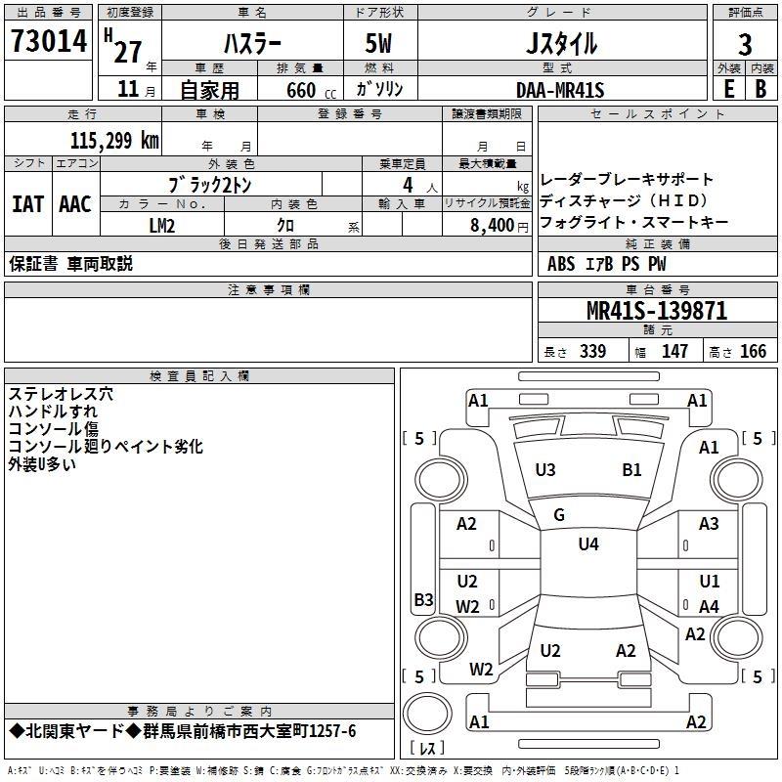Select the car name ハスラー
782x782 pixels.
[x=252, y=44]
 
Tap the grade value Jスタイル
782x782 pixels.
[x=561, y=44]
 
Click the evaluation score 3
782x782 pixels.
[x=745, y=46]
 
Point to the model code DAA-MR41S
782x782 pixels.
[x=560, y=90]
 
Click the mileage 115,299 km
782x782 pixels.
[x=114, y=141]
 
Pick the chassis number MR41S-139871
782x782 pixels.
[x=657, y=311]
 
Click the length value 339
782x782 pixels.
[x=592, y=352]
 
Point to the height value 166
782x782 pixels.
[x=753, y=352]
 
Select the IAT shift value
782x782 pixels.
[x=27, y=204]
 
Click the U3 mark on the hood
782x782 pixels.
[x=545, y=470]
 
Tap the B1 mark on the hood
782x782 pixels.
[x=631, y=470]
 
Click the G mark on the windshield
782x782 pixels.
[x=559, y=515]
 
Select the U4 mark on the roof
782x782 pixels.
[x=588, y=544]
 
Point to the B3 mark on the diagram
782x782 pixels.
[x=423, y=599]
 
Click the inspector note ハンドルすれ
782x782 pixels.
[x=53, y=412]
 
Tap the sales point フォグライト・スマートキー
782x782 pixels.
[x=633, y=223]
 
